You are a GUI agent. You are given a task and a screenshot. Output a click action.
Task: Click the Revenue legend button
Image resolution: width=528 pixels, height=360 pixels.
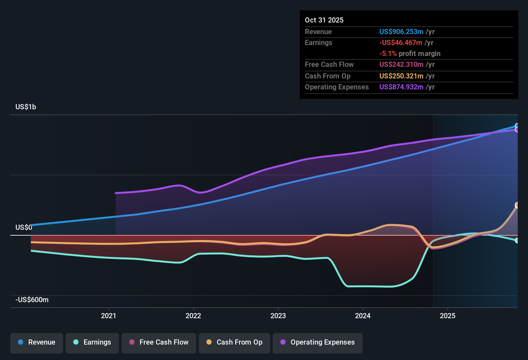click(x=37, y=342)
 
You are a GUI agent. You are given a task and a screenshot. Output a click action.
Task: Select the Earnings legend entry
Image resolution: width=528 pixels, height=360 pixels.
click(x=92, y=342)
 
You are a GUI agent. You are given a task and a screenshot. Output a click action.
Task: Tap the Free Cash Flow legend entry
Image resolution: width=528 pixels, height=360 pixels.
click(x=159, y=342)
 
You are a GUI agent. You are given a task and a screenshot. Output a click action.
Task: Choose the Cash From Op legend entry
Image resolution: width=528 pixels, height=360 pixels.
click(x=234, y=342)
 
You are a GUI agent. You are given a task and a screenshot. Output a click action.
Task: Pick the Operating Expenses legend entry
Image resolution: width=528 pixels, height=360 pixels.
click(x=318, y=342)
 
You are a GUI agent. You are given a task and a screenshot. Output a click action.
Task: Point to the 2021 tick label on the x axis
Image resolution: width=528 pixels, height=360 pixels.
click(x=109, y=316)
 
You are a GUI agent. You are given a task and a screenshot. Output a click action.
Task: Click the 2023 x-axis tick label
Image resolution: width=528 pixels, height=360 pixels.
click(x=278, y=316)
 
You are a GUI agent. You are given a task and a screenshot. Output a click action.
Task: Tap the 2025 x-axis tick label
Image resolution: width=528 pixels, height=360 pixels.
click(x=448, y=316)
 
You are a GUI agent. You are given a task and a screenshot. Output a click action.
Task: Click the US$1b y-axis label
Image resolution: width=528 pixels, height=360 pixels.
click(x=26, y=107)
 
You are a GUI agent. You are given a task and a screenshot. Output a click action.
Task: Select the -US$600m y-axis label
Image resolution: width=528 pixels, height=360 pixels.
click(x=32, y=300)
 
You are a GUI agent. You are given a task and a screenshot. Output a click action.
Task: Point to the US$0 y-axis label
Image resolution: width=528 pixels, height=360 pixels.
click(x=24, y=228)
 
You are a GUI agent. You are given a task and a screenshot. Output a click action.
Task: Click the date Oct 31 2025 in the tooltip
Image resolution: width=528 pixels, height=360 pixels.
click(x=324, y=20)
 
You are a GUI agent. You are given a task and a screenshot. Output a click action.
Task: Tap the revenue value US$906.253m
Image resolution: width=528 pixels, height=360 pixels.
click(x=401, y=32)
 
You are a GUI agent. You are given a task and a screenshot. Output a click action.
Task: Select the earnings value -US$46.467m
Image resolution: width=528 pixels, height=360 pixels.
click(x=401, y=43)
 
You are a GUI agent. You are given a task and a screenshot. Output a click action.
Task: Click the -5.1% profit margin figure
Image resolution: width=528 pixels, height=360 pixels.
click(x=388, y=54)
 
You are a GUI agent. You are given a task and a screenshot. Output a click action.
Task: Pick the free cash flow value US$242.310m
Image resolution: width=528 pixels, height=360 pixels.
click(x=401, y=65)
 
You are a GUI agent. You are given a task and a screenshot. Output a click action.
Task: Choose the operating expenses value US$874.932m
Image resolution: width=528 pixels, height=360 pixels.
click(x=401, y=87)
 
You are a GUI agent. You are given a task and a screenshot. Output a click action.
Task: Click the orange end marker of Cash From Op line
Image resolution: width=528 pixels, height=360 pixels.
click(x=517, y=205)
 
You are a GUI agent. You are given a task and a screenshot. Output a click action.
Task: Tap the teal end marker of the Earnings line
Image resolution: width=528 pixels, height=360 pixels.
click(x=517, y=240)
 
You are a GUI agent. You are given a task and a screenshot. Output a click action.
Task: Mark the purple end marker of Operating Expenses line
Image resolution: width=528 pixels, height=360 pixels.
click(x=517, y=130)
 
